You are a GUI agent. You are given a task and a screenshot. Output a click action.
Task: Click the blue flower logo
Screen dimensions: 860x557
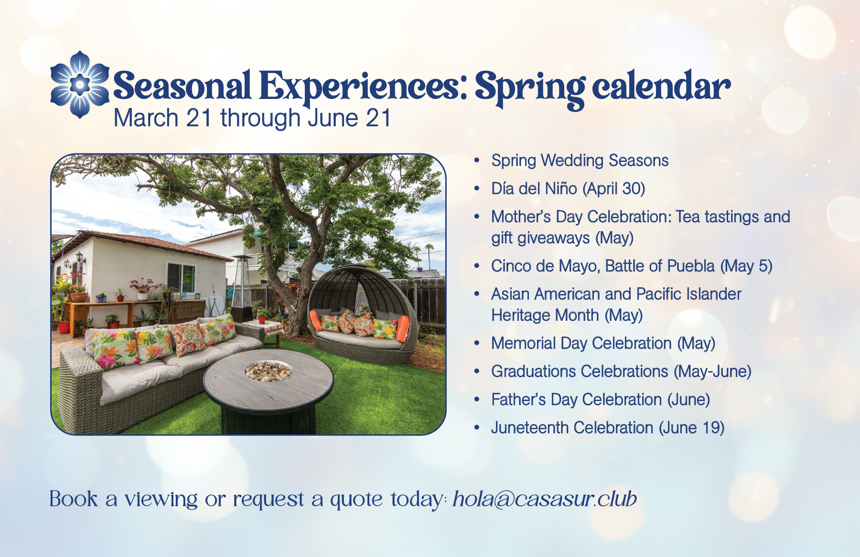[80, 85]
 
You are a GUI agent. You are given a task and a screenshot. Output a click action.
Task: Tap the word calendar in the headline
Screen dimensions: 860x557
[661, 86]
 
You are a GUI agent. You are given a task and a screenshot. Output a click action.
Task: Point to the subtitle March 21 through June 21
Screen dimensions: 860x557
[252, 118]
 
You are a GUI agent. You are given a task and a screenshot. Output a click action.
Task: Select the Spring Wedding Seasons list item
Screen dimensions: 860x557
[580, 161]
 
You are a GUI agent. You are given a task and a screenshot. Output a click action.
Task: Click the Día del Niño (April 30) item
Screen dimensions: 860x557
[568, 188]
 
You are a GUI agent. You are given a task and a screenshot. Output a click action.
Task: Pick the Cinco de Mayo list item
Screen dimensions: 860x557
[632, 266]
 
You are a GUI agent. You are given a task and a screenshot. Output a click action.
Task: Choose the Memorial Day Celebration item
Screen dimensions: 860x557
[603, 343]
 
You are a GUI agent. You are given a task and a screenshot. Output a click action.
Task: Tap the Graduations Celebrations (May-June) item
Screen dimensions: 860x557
[621, 371]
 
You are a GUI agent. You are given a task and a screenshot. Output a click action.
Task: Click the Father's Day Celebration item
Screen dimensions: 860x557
[601, 400]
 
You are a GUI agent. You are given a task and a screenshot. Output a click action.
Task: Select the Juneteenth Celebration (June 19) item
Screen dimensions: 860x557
[608, 428]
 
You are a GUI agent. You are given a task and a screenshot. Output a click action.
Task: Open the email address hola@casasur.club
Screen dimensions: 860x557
[545, 499]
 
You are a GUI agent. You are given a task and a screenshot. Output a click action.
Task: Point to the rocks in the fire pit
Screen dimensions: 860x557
[268, 371]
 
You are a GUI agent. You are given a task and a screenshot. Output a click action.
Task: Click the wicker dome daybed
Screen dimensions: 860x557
[362, 313]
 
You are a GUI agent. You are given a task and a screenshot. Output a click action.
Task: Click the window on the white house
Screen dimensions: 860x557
[181, 278]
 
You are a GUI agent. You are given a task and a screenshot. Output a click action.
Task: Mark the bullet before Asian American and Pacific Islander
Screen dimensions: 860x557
[476, 294]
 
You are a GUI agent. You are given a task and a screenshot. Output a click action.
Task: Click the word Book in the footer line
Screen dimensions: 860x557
[74, 499]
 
